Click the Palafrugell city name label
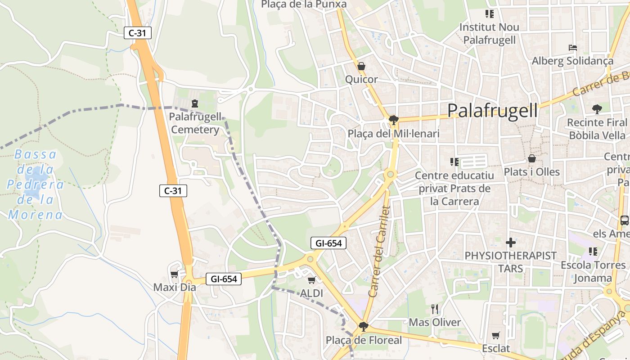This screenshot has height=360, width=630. point(493,110)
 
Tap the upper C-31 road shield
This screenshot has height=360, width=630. point(138,33)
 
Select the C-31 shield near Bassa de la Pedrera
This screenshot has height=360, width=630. point(173,191)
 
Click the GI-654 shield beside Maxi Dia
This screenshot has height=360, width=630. point(224,279)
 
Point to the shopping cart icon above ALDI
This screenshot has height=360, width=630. point(311,280)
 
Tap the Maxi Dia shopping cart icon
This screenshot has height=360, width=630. point(174,274)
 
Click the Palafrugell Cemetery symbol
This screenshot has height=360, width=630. point(195,103)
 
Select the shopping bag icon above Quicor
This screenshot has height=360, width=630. point(361,67)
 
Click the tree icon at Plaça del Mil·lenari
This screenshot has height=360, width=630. point(393,120)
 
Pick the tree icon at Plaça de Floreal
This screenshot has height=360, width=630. point(364,326)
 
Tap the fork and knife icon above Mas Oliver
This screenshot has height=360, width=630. point(435,309)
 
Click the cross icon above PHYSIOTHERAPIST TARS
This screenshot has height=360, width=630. point(511,243)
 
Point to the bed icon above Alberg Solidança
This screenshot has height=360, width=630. point(572,47)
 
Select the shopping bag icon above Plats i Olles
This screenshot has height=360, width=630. point(532,158)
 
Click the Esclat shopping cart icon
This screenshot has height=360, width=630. point(496,335)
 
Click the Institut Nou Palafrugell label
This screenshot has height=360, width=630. point(489,33)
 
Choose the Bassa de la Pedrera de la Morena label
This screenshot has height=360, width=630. point(35,184)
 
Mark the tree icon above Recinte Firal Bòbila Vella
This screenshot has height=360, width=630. point(597,108)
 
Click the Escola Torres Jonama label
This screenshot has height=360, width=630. point(593,271)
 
